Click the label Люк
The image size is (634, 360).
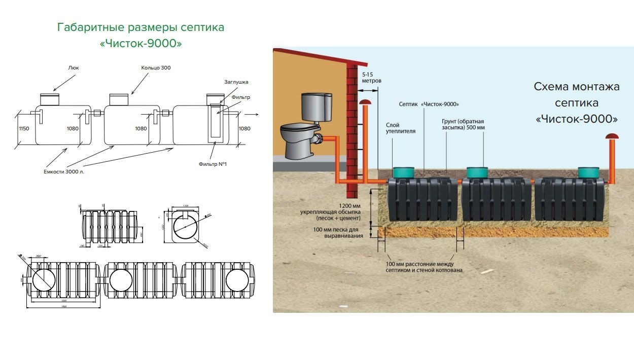[x=73, y=67]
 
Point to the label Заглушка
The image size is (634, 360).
[x=236, y=82]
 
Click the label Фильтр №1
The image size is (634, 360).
[x=213, y=164]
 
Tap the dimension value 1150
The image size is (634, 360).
[x=23, y=129]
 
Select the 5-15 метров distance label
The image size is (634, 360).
[x=371, y=78]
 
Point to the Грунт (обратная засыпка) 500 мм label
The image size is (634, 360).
[x=463, y=125]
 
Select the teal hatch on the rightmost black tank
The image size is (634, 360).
[x=588, y=173]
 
